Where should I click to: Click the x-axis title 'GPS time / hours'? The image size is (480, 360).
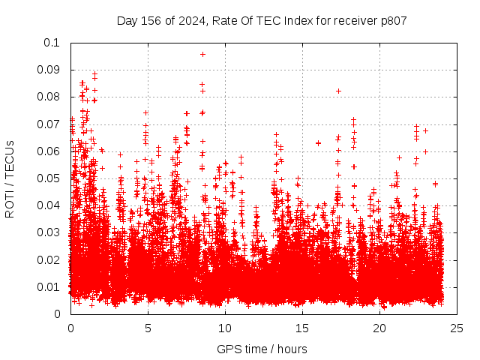pyautogui.click(x=262, y=349)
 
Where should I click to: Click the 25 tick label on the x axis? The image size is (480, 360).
pyautogui.click(x=457, y=328)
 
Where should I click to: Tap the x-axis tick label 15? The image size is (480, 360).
pyautogui.click(x=302, y=328)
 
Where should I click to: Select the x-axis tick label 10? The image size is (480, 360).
pyautogui.click(x=225, y=328)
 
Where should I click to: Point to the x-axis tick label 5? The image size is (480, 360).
pyautogui.click(x=148, y=328)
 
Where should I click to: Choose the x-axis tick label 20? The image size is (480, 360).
pyautogui.click(x=379, y=328)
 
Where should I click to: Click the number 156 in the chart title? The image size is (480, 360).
pyautogui.click(x=152, y=20)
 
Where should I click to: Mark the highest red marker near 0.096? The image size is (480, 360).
pyautogui.click(x=202, y=54)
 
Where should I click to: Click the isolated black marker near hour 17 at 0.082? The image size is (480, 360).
pyautogui.click(x=338, y=91)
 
